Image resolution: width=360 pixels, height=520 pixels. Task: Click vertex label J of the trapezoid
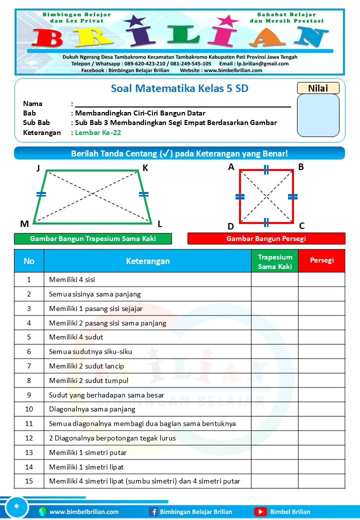click(38, 168)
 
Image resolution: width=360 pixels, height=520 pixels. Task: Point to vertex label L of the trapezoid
click(159, 223)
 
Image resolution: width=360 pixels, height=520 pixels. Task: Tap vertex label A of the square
click(231, 167)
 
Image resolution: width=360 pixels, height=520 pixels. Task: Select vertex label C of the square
click(301, 225)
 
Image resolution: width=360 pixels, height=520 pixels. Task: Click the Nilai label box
click(318, 88)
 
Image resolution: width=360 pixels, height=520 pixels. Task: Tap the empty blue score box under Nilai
click(318, 115)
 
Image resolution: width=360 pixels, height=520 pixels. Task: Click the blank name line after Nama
click(182, 103)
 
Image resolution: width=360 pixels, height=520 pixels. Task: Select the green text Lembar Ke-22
click(98, 132)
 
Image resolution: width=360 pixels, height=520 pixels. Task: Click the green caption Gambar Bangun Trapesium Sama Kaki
click(93, 238)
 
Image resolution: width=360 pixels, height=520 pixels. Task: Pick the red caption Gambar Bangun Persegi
click(266, 238)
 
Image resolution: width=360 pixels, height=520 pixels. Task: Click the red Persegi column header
click(321, 260)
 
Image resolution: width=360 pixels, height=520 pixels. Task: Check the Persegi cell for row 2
click(321, 294)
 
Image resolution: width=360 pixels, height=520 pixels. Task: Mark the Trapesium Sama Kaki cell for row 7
click(274, 366)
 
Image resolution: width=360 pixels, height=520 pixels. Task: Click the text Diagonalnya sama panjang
click(92, 409)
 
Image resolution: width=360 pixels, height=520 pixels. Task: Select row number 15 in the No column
click(29, 481)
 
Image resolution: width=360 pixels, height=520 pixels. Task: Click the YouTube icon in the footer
click(260, 511)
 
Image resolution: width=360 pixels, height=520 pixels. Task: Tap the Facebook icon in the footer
click(153, 511)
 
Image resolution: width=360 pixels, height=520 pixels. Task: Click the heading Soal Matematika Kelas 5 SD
click(179, 89)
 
